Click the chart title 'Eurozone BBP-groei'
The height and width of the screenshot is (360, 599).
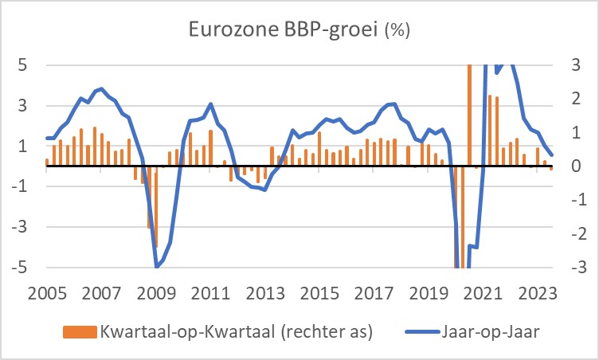point(284,32)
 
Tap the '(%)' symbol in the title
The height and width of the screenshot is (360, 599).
point(398,33)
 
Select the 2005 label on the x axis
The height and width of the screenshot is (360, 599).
point(46,292)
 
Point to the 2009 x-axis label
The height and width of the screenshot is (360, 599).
point(155,292)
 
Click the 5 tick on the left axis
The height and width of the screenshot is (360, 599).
point(24,65)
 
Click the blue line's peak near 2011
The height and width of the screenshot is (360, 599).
point(210,104)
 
